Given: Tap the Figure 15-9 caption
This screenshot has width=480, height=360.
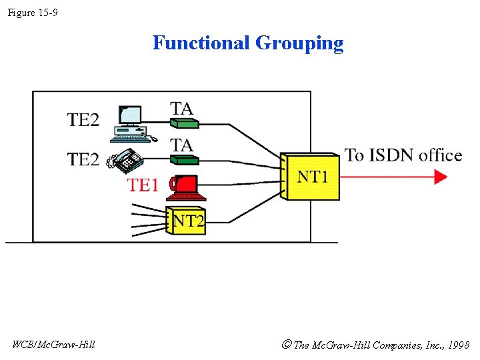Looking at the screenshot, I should [33, 12].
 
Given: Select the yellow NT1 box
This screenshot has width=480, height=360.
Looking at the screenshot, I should [310, 177].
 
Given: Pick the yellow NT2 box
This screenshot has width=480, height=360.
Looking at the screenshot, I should [187, 221].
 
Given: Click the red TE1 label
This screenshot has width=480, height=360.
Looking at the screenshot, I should [143, 185].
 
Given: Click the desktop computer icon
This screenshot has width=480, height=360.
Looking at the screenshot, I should [131, 123].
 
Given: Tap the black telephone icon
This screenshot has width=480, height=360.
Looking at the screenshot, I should [127, 160].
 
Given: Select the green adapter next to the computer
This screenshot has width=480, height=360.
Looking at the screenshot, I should [185, 123].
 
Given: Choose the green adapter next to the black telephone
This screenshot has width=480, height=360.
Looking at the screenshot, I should [185, 159].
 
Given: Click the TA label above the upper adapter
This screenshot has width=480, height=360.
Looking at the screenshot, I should [181, 108].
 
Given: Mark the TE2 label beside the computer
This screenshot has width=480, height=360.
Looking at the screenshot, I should [83, 120].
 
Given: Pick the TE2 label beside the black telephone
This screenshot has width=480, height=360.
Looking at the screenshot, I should [83, 159].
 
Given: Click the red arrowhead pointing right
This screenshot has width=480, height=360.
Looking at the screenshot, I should [441, 177].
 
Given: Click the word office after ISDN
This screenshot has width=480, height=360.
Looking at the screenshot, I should [441, 155].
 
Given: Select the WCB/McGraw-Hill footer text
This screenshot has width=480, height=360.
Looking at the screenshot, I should [53, 345].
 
